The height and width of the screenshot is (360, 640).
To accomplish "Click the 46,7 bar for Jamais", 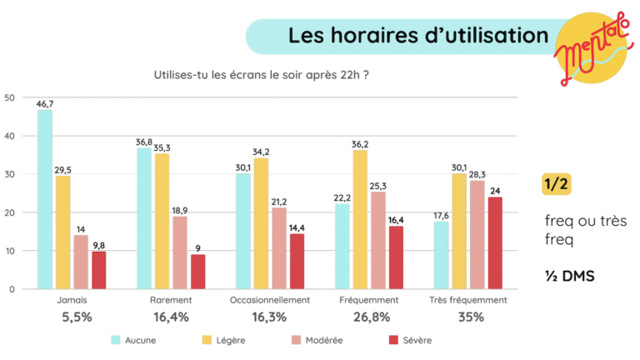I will pyautogui.click(x=45, y=200).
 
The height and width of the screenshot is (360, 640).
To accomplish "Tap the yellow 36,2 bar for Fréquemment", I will pyautogui.click(x=360, y=220).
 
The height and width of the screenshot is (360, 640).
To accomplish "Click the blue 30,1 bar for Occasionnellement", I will pyautogui.click(x=243, y=232).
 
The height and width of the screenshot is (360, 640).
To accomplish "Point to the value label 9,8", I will pyautogui.click(x=99, y=244).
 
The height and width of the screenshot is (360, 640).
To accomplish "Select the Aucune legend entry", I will pyautogui.click(x=132, y=340).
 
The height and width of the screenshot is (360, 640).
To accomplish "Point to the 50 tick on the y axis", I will pyautogui.click(x=10, y=97).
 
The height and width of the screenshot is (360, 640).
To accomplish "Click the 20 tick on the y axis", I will pyautogui.click(x=10, y=212).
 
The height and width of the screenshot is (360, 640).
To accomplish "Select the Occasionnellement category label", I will pyautogui.click(x=270, y=300).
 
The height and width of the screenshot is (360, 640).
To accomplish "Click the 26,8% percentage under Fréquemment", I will pyautogui.click(x=369, y=317).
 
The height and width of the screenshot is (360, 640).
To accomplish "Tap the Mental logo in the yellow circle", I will pyautogui.click(x=590, y=52).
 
